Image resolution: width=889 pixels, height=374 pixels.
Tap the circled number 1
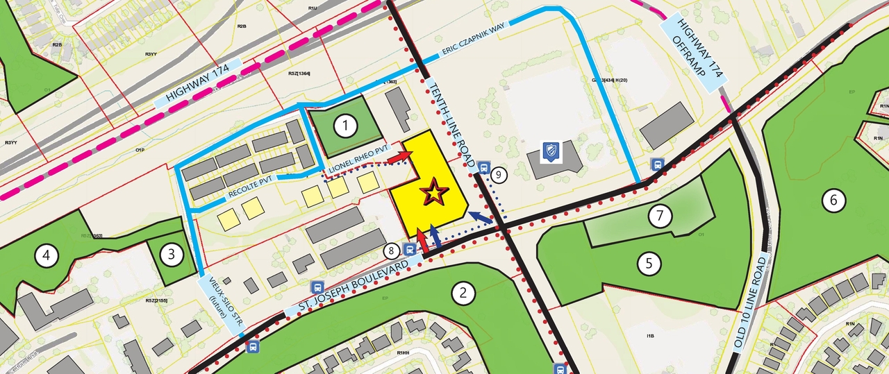click(344, 126)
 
